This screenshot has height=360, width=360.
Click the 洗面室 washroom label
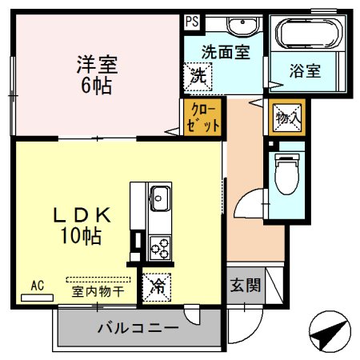pos(225,50)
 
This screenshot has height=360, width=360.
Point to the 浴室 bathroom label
pos(305,70)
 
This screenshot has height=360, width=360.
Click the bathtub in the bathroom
pos(308,34)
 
